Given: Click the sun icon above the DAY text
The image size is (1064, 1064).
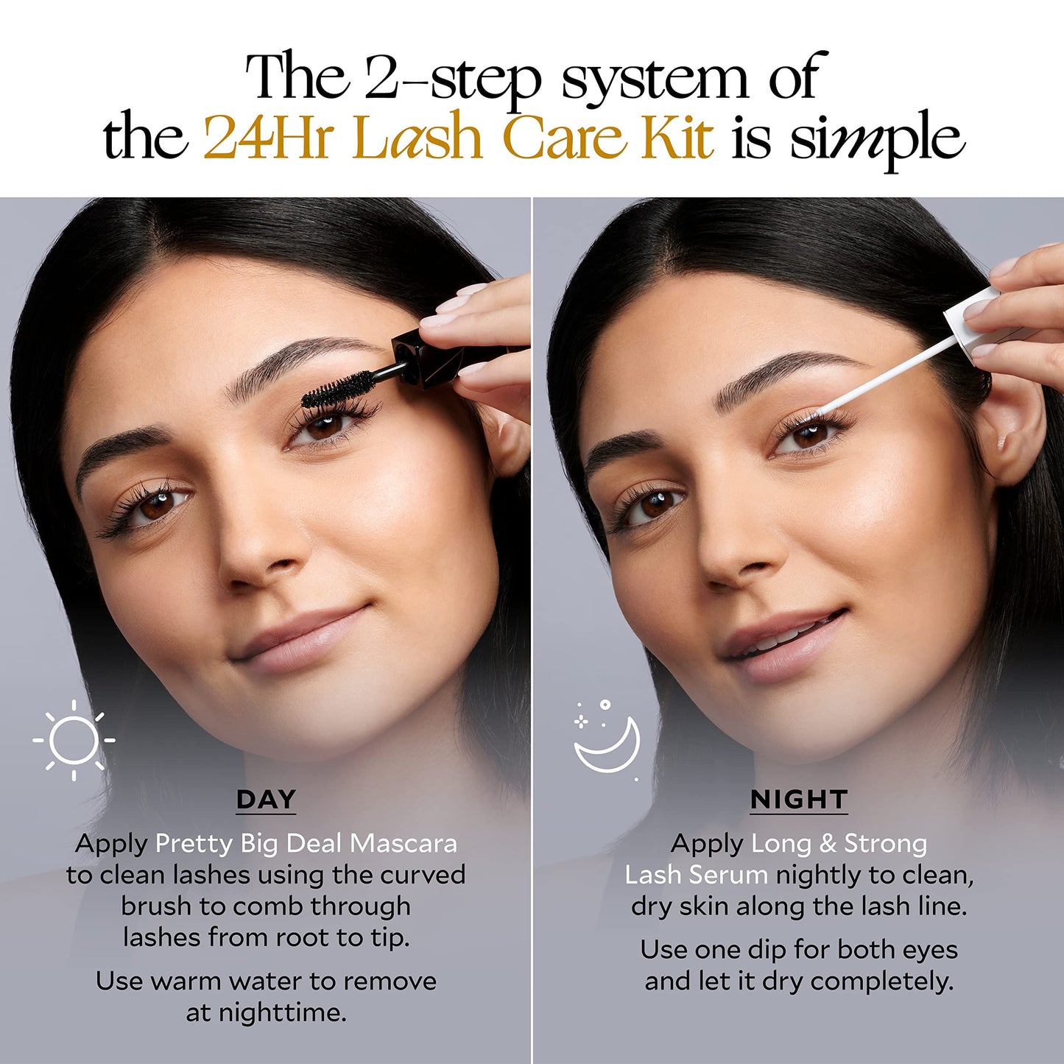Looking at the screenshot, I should [x=74, y=739].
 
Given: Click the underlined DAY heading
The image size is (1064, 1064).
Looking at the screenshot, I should [x=266, y=800].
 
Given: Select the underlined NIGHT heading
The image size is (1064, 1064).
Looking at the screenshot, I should [x=799, y=800].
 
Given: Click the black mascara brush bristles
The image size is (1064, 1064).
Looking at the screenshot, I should [x=337, y=389].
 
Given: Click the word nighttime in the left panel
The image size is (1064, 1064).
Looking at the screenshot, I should [x=266, y=1012].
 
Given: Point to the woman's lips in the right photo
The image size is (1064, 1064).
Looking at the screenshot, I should [x=784, y=645].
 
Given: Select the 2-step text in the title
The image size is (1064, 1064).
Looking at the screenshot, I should [x=453, y=78].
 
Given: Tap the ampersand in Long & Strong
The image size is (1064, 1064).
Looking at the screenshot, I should [x=828, y=844].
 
